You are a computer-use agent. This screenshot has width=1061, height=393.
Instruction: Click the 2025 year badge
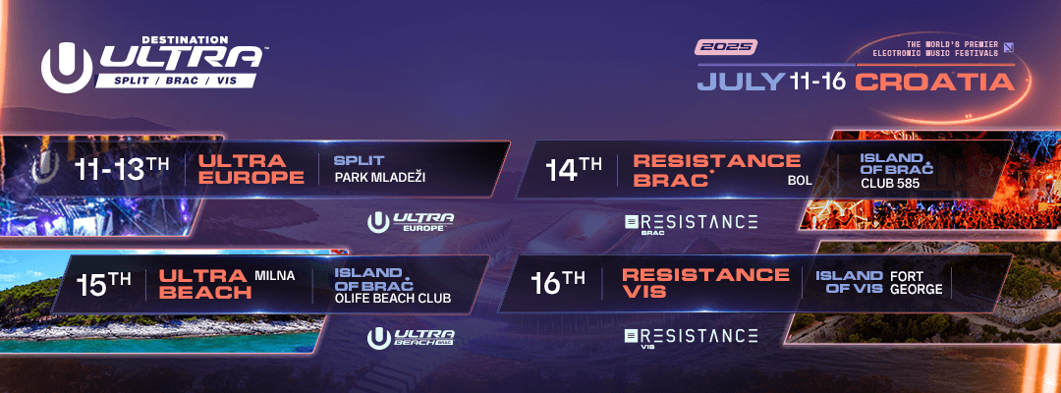(726, 47)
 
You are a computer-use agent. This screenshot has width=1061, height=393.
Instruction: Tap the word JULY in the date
(741, 82)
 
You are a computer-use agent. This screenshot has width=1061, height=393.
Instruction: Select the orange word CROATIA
(934, 82)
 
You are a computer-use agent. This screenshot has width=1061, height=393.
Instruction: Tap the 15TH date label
(103, 283)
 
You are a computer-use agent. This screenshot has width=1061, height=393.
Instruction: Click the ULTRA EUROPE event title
(251, 169)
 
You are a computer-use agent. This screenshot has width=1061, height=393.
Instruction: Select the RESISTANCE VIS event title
(705, 283)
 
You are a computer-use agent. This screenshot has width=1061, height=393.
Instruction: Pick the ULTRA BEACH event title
(203, 284)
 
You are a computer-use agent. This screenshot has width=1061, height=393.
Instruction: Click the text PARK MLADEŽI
(379, 177)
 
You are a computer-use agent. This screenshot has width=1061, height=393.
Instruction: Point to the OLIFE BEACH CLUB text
(392, 298)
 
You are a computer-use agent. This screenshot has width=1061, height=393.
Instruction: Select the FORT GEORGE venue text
(917, 283)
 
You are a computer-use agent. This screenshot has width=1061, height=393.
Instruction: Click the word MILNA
(275, 276)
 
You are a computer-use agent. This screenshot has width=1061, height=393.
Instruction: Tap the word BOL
(799, 181)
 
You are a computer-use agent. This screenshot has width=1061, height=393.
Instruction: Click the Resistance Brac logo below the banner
(691, 223)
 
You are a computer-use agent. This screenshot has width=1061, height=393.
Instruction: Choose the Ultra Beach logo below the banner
(411, 338)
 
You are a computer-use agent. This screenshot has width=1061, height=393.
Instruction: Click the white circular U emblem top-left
(67, 68)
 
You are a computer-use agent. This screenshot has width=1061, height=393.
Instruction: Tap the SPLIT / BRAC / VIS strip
(177, 81)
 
